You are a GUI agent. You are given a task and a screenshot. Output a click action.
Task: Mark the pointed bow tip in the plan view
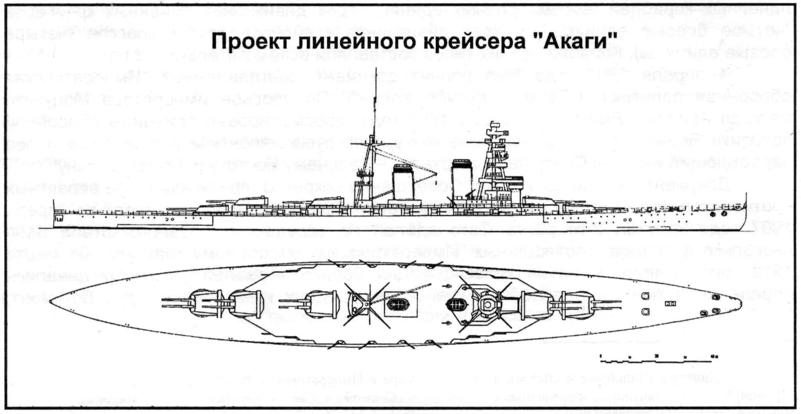coord(740,304)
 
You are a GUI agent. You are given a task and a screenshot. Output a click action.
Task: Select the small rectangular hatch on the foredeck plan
coord(668,304)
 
